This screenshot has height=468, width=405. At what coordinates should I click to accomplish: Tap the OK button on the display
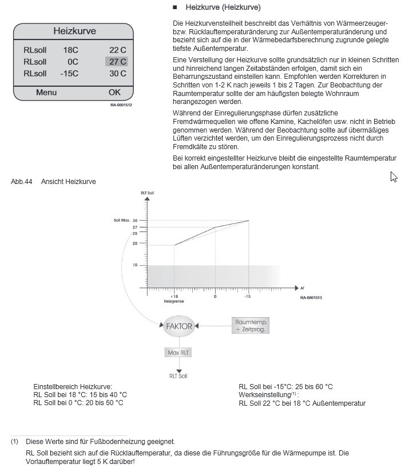click(x=114, y=92)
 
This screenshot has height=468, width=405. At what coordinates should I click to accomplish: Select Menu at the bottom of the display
click(x=46, y=92)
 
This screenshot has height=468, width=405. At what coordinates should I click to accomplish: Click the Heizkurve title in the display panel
click(x=74, y=31)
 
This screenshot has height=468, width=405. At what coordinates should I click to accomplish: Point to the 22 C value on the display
click(x=117, y=50)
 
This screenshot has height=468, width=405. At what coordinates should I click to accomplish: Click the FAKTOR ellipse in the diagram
click(x=179, y=326)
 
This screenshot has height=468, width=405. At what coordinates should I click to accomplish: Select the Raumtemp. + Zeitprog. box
click(x=251, y=325)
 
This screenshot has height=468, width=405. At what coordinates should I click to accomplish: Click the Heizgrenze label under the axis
click(x=173, y=301)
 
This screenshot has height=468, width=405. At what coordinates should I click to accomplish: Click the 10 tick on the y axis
click(x=135, y=265)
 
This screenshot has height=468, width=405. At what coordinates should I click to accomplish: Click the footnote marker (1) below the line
click(x=14, y=441)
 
